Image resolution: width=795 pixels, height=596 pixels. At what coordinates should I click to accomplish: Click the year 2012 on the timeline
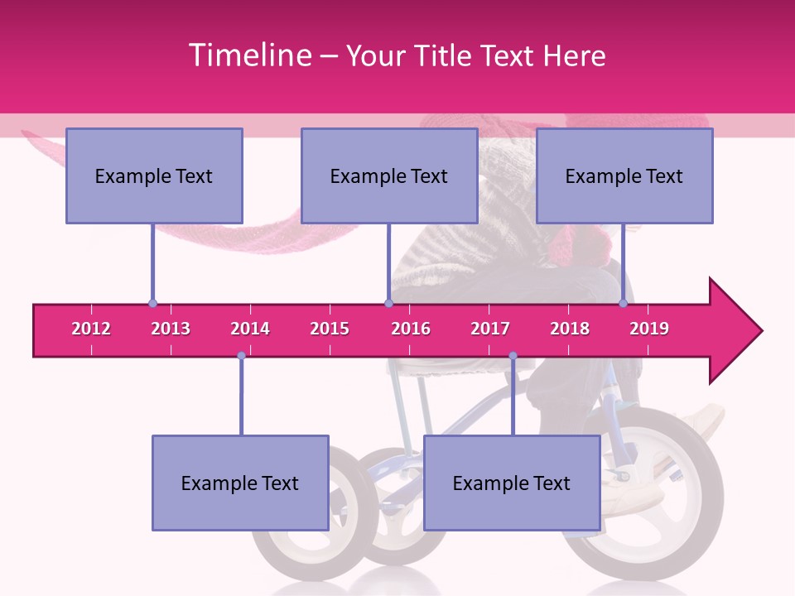click(91, 329)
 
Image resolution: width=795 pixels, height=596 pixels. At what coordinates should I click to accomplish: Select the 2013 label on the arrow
click(171, 329)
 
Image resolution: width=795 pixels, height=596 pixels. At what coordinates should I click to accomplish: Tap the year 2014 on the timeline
click(250, 329)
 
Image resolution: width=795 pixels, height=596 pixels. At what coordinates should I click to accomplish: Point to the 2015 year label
click(330, 329)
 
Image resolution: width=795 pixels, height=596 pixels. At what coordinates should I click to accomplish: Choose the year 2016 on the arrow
click(411, 329)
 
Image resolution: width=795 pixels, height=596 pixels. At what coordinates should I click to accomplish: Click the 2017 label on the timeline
click(490, 329)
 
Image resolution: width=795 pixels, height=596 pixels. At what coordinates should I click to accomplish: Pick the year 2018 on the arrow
click(570, 329)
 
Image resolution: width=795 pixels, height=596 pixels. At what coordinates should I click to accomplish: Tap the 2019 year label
click(649, 329)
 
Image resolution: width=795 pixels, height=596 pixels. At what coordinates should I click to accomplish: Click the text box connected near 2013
click(154, 175)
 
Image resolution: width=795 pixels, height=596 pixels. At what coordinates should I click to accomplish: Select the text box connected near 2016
click(389, 175)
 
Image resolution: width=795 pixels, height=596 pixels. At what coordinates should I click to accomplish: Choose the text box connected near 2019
click(624, 175)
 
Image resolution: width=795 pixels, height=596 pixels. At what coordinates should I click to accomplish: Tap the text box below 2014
click(240, 483)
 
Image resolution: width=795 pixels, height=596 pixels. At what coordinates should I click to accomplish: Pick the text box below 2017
click(512, 483)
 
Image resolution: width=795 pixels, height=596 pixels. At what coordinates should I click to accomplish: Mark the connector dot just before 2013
click(152, 304)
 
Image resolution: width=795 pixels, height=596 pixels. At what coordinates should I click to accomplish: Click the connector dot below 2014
click(241, 356)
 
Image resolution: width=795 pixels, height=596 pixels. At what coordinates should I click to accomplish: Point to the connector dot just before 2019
click(623, 304)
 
